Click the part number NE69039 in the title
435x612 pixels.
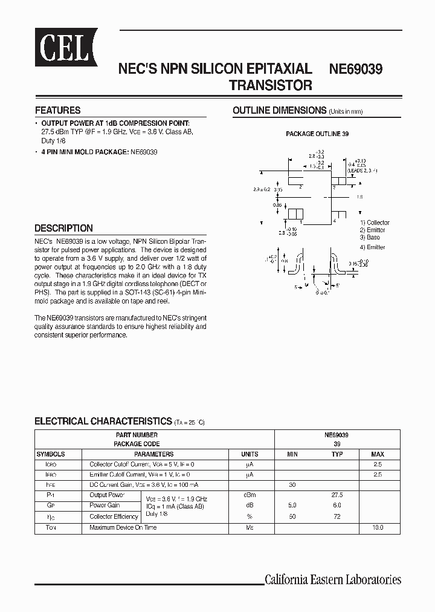[355, 70]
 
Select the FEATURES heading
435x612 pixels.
[57, 111]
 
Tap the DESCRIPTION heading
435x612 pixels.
[63, 229]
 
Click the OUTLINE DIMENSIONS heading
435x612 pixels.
[279, 111]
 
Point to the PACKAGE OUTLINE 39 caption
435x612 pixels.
[317, 134]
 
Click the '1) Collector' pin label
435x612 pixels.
[375, 223]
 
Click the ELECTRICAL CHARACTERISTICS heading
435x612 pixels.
[103, 421]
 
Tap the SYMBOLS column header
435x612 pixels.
[51, 454]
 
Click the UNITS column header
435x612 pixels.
[250, 454]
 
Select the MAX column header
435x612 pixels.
[377, 454]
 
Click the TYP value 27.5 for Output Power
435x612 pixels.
[337, 495]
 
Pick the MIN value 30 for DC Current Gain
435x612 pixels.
[292, 484]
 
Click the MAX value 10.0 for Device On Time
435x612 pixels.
[377, 528]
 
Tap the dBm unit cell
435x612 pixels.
[250, 495]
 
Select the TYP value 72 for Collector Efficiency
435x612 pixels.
[337, 516]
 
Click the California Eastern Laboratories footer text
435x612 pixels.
[333, 580]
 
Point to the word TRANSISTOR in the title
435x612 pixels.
[271, 86]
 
